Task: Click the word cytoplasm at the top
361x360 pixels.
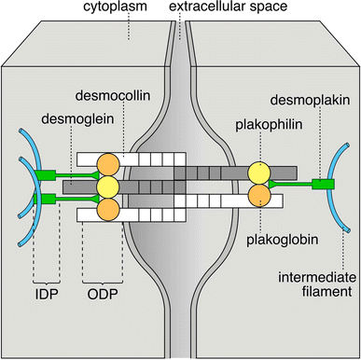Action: pyautogui.click(x=96, y=12)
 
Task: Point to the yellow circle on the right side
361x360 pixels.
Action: pyautogui.click(x=259, y=174)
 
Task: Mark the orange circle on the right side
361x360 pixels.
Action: pyautogui.click(x=259, y=195)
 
